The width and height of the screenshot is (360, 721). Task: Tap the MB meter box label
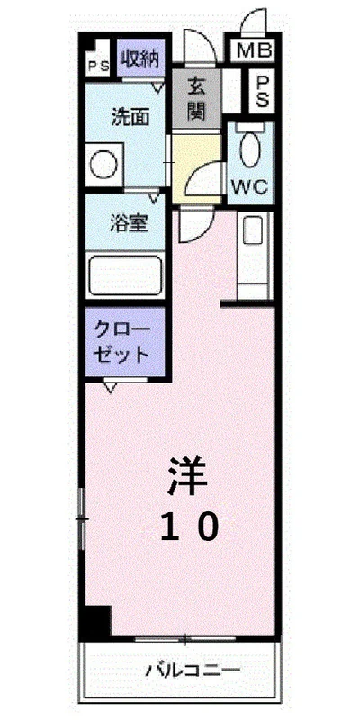(x=254, y=50)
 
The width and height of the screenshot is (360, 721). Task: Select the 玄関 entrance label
(x=198, y=99)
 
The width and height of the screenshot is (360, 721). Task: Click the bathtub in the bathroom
(x=126, y=274)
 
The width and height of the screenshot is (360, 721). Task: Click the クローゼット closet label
(x=126, y=339)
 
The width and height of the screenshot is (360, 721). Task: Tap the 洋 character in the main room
(x=188, y=476)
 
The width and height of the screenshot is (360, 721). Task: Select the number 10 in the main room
(x=190, y=527)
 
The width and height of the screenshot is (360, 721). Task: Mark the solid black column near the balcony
(x=94, y=621)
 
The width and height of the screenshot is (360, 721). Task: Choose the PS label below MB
(x=262, y=91)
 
